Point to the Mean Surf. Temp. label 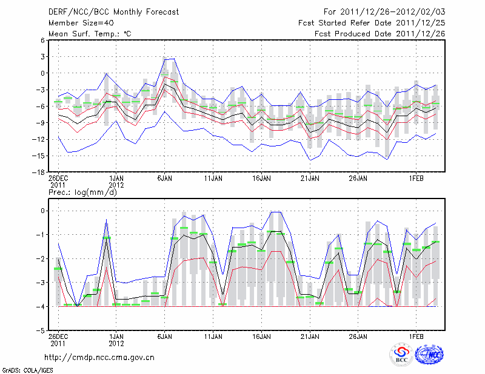(x=90, y=34)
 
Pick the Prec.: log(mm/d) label (x=82, y=192)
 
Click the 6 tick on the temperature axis (x=43, y=40)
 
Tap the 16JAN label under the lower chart (x=262, y=337)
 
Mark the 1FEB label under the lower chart (x=416, y=337)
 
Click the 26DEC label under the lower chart (x=58, y=337)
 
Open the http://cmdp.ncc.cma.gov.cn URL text (x=99, y=357)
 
